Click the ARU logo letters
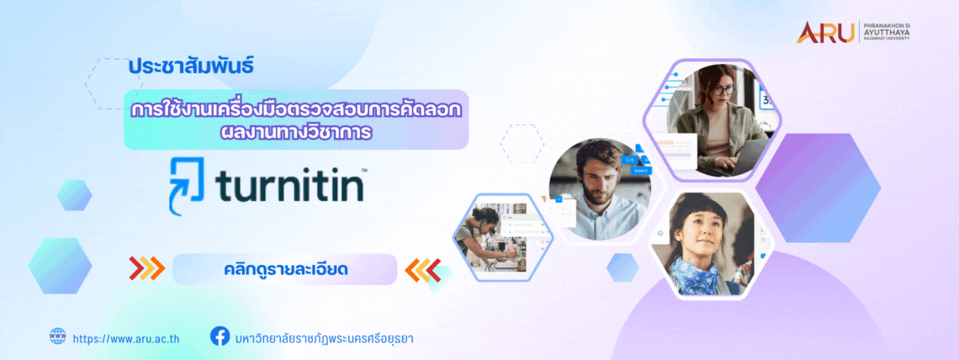point(825,33)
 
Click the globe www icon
point(57,336)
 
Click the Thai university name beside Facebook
point(324,338)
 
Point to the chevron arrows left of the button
point(146,268)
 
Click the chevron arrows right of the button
point(423,269)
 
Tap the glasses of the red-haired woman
point(722,91)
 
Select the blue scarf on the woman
point(696,276)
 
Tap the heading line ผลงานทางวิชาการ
point(296,131)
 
